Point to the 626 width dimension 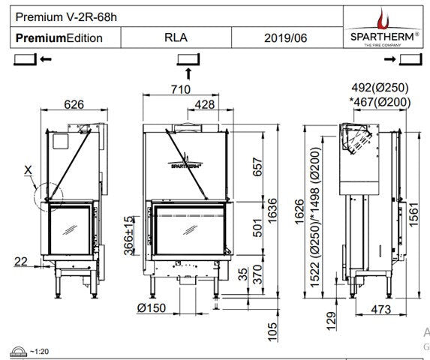pyautogui.click(x=74, y=105)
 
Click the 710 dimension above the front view pyautogui.click(x=180, y=89)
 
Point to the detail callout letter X pyautogui.click(x=28, y=170)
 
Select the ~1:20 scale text pyautogui.click(x=42, y=352)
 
